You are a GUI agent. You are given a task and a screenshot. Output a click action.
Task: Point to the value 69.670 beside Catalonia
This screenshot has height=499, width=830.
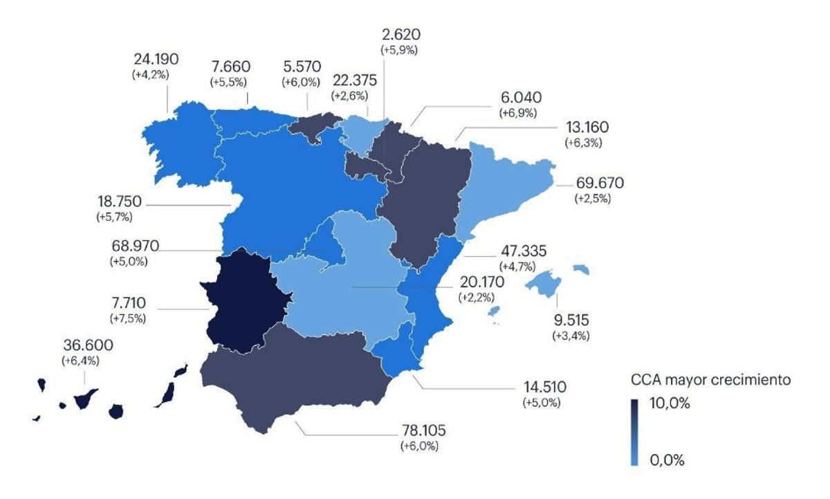pos(599,184)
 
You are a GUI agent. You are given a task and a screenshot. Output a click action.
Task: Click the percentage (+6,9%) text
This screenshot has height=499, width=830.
pos(517,113)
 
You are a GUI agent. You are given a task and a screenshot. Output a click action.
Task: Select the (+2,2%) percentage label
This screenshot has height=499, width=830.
pos(477,297)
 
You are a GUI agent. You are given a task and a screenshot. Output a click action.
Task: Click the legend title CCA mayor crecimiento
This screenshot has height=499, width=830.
pos(710,380)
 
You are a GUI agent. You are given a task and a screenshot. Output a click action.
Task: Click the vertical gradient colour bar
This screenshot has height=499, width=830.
pos(634,431)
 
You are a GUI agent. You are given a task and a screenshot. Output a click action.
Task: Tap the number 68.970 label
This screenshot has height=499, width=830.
pos(135,246)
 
